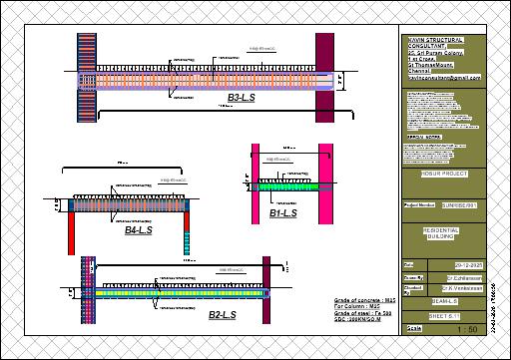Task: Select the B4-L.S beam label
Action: point(139,230)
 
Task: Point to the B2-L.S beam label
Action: point(223,315)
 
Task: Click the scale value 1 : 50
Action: point(464,328)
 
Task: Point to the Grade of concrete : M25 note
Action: point(360,297)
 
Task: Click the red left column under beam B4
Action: point(72,235)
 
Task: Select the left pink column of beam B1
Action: point(255,180)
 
